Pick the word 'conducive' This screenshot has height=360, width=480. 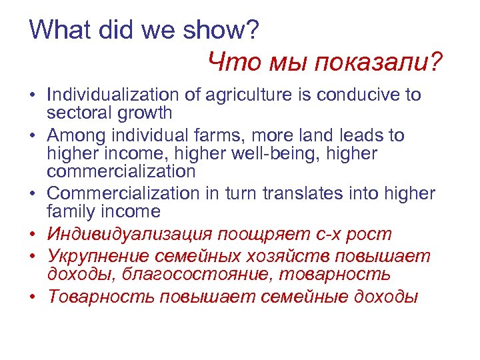[359, 95]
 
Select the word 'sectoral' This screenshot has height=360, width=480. [77, 113]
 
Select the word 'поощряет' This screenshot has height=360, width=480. [262, 234]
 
